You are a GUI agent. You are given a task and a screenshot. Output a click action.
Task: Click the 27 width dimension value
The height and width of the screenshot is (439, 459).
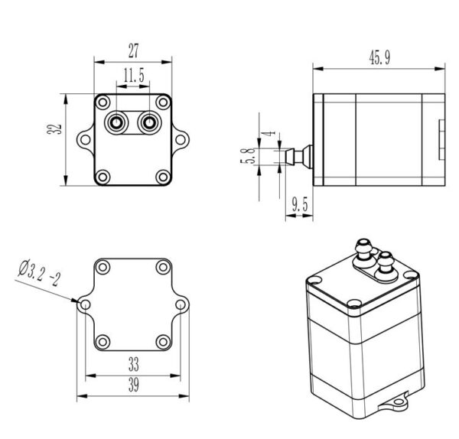pyautogui.click(x=133, y=50)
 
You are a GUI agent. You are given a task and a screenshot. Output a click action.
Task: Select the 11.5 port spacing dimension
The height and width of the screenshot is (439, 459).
pyautogui.click(x=134, y=75)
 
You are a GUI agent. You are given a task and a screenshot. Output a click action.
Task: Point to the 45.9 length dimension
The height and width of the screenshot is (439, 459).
pyautogui.click(x=379, y=57)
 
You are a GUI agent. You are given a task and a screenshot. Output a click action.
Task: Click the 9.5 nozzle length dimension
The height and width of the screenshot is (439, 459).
pyautogui.click(x=300, y=204)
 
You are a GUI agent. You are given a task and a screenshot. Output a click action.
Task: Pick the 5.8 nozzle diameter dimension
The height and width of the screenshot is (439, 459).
pyautogui.click(x=248, y=156)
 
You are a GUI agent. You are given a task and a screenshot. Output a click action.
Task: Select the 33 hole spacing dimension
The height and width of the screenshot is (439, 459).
pyautogui.click(x=133, y=364)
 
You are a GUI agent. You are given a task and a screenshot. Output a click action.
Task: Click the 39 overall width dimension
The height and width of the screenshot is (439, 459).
pyautogui.click(x=133, y=385)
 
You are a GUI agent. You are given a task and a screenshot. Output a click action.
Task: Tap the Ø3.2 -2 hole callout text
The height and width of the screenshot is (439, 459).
pyautogui.click(x=39, y=272)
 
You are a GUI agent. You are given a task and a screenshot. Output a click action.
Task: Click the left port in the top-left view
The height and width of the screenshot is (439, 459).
pyautogui.click(x=116, y=123)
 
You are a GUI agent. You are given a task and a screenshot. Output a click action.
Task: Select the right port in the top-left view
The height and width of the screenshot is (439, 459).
pyautogui.click(x=149, y=123)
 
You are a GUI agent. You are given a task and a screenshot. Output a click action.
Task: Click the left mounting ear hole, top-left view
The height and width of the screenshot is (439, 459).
pyautogui.click(x=85, y=140)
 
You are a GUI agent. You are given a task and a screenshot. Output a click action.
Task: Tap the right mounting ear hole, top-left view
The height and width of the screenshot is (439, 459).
pyautogui.click(x=181, y=140)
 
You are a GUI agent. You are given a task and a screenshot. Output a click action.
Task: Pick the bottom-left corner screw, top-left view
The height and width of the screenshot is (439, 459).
pyautogui.click(x=103, y=177)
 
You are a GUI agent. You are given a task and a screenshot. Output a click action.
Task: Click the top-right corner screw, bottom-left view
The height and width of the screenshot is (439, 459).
pyautogui.click(x=163, y=267)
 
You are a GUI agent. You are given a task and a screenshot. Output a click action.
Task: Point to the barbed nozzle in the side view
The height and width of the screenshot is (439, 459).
pyautogui.click(x=299, y=157)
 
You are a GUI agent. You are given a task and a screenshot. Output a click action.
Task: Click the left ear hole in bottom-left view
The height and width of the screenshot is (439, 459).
pyautogui.click(x=85, y=304)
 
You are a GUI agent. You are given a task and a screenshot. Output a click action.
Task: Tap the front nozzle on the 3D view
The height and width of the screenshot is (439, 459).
pyautogui.click(x=384, y=265)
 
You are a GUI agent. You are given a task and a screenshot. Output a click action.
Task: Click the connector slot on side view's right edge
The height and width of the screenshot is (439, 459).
pyautogui.click(x=441, y=140)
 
